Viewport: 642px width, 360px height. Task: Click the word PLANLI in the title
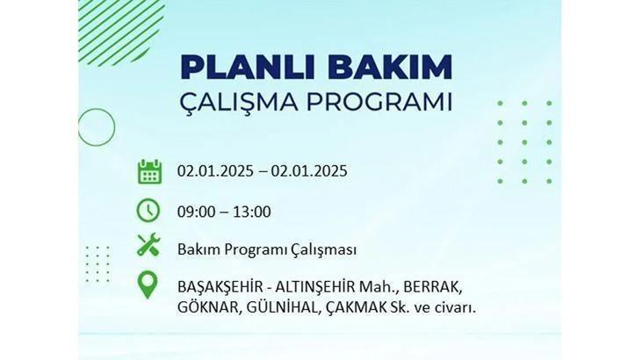point(250,67)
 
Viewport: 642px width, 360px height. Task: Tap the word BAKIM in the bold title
point(390,67)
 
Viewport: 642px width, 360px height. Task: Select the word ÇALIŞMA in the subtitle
point(239,103)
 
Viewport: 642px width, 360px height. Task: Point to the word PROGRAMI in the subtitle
point(379,102)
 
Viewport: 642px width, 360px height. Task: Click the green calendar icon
point(149,171)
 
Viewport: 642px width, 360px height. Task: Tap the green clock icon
point(148,211)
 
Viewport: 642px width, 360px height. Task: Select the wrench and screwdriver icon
point(148,245)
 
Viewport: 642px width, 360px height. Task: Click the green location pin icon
point(148,285)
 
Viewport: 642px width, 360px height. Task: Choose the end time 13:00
point(252,212)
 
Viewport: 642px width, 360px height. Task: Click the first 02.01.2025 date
point(215,171)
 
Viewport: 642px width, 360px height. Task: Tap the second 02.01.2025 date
point(309,171)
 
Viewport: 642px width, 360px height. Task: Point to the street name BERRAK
point(432,287)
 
